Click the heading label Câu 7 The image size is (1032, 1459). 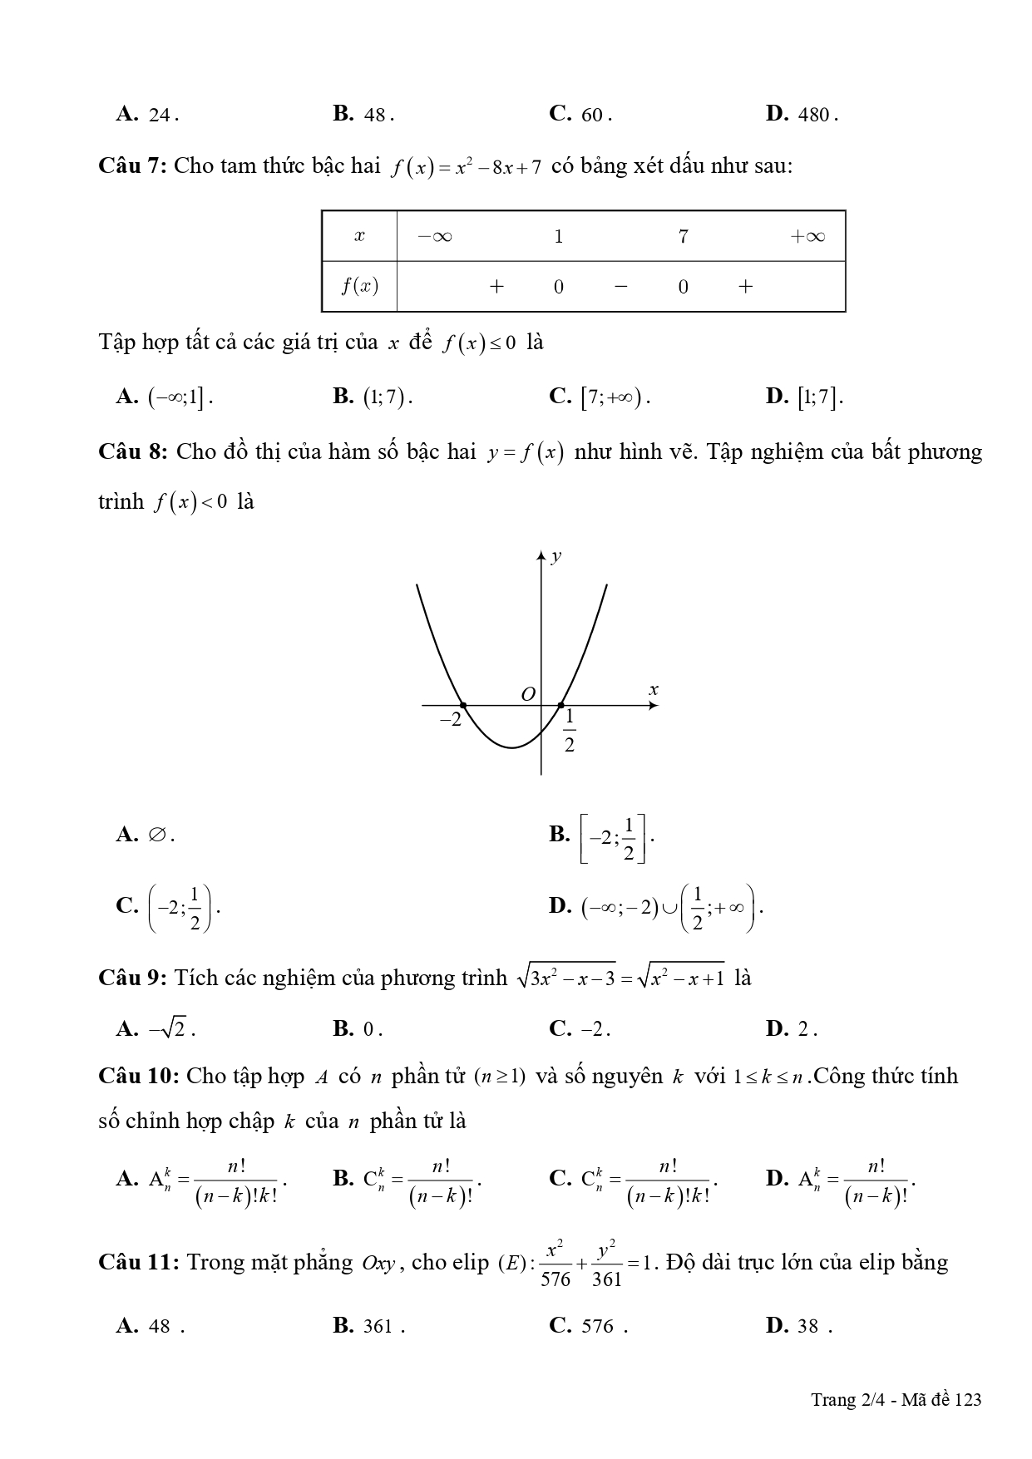pos(132,166)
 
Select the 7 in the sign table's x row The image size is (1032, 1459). pos(683,237)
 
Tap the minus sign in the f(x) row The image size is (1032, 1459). pos(620,287)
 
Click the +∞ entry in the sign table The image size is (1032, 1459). pos(807,237)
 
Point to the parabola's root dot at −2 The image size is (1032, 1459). pos(463,705)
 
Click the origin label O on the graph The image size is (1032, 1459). pos(527,694)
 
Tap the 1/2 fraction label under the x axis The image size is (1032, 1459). pos(570,730)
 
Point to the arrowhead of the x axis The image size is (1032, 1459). pos(654,706)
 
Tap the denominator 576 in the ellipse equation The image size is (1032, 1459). pos(556,1279)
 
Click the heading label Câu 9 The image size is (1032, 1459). pos(132,978)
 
